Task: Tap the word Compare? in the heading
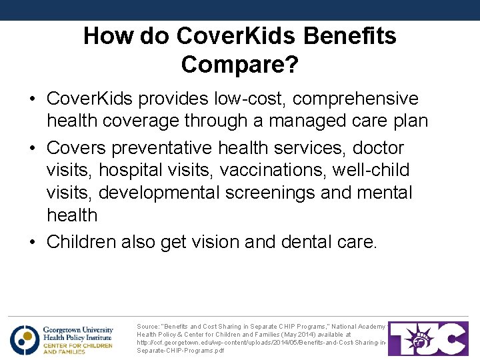(240, 65)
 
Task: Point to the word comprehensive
(355, 99)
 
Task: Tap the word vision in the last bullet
(215, 241)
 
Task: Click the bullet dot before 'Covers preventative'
(33, 147)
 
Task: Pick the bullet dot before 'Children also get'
(33, 242)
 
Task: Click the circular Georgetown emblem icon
(24, 339)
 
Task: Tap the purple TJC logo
(428, 339)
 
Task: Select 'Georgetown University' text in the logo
(78, 330)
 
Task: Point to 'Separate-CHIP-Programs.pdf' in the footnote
(180, 351)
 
